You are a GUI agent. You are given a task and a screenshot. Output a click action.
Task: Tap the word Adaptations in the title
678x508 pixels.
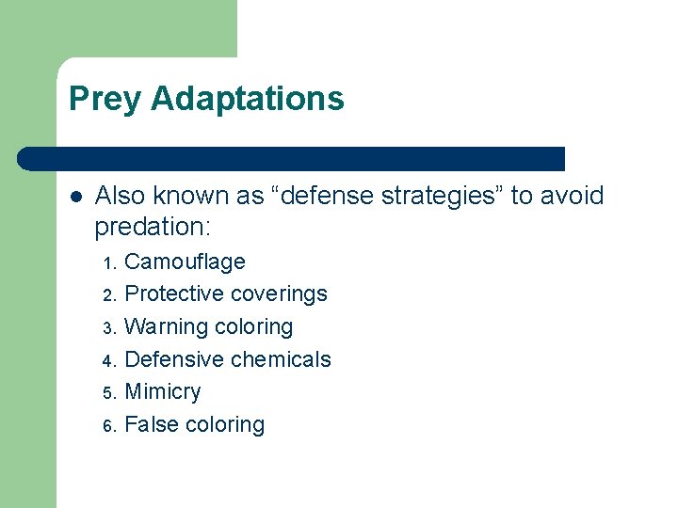247,99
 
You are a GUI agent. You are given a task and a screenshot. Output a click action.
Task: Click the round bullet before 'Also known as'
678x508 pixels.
75,197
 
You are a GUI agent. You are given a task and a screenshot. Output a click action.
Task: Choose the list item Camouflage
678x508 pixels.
185,262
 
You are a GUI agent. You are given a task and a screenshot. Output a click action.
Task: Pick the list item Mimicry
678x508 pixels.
162,391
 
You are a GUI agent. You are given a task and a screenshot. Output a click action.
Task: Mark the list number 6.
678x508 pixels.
109,426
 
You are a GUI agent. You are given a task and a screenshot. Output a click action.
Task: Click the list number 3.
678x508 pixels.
109,328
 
